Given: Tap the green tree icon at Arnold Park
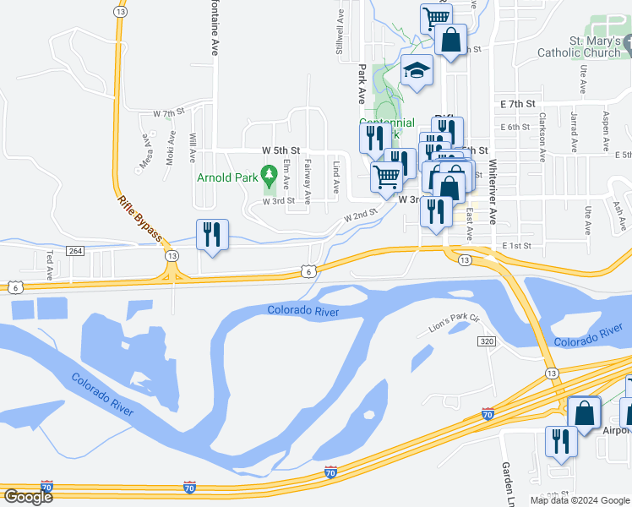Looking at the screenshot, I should coord(270,177).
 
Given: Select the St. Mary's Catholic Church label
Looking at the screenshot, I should coord(582,46).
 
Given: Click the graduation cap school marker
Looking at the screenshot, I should coord(417,73).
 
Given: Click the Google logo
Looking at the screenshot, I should coord(28,497).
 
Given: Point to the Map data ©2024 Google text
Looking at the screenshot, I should coord(579,500).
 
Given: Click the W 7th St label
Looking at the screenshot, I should coord(168,112).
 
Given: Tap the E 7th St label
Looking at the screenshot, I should coord(518,103).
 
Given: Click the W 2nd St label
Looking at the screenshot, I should coord(359,216).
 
